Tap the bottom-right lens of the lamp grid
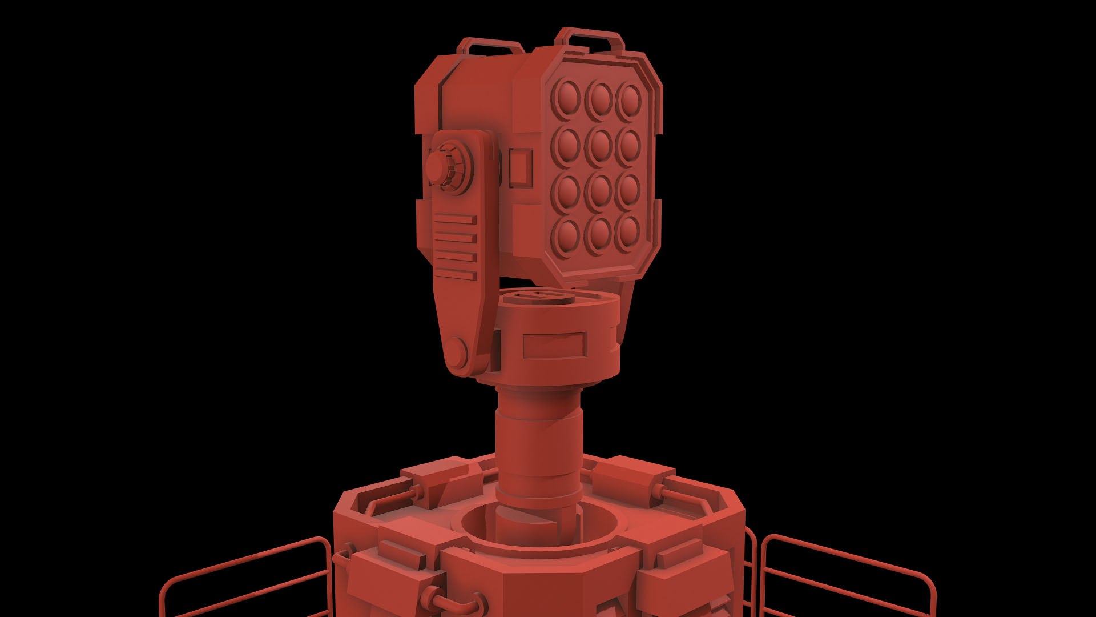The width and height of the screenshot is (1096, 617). tap(628, 233)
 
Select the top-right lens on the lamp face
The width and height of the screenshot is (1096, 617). tap(630, 99)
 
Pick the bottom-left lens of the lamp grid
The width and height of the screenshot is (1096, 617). tap(567, 234)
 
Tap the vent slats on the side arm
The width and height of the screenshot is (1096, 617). tap(455, 247)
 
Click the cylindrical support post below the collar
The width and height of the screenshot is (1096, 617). tap(539, 446)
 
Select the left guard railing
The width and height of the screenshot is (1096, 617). tap(245, 577)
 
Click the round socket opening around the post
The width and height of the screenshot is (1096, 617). tap(539, 528)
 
